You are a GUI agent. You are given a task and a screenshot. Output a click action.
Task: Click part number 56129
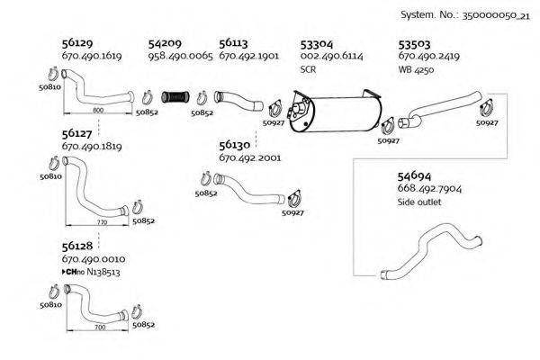[76, 42]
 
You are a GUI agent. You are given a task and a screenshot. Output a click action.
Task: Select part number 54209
[165, 42]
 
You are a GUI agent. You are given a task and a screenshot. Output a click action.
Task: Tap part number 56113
[233, 42]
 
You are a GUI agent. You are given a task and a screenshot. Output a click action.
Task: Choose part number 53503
[414, 42]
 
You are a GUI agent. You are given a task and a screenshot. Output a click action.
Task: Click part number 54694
[414, 175]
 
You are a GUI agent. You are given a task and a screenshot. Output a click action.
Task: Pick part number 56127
[76, 131]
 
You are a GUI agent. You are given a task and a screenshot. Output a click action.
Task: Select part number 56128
[76, 246]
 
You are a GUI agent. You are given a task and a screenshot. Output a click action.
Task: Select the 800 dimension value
[98, 109]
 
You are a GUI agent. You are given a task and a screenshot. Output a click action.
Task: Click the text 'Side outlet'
[419, 202]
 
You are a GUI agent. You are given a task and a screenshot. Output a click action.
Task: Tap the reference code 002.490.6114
[330, 56]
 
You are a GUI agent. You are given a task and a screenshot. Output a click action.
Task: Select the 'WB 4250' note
[416, 68]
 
